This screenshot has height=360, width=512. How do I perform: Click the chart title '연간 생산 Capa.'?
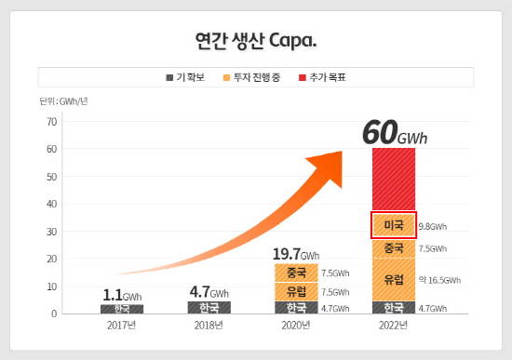[x=256, y=41]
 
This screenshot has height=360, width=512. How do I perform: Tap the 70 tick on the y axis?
[x=52, y=122]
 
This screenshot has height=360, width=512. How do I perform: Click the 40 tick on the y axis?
[x=52, y=205]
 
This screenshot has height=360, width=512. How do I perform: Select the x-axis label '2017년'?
[x=121, y=326]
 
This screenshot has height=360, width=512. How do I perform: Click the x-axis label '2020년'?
[x=296, y=326]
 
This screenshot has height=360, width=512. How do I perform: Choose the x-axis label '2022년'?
[x=394, y=326]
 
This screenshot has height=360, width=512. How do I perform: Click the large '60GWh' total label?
[x=395, y=133]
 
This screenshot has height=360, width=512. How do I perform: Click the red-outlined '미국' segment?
[x=394, y=225]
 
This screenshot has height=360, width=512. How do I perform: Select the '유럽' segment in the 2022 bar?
[x=394, y=279]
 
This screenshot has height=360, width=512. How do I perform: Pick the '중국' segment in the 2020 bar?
[x=296, y=273]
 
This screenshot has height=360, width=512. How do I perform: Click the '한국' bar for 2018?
[x=209, y=307]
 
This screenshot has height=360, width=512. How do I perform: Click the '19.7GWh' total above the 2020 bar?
[x=296, y=253]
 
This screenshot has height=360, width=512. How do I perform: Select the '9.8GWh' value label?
[x=433, y=226]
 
